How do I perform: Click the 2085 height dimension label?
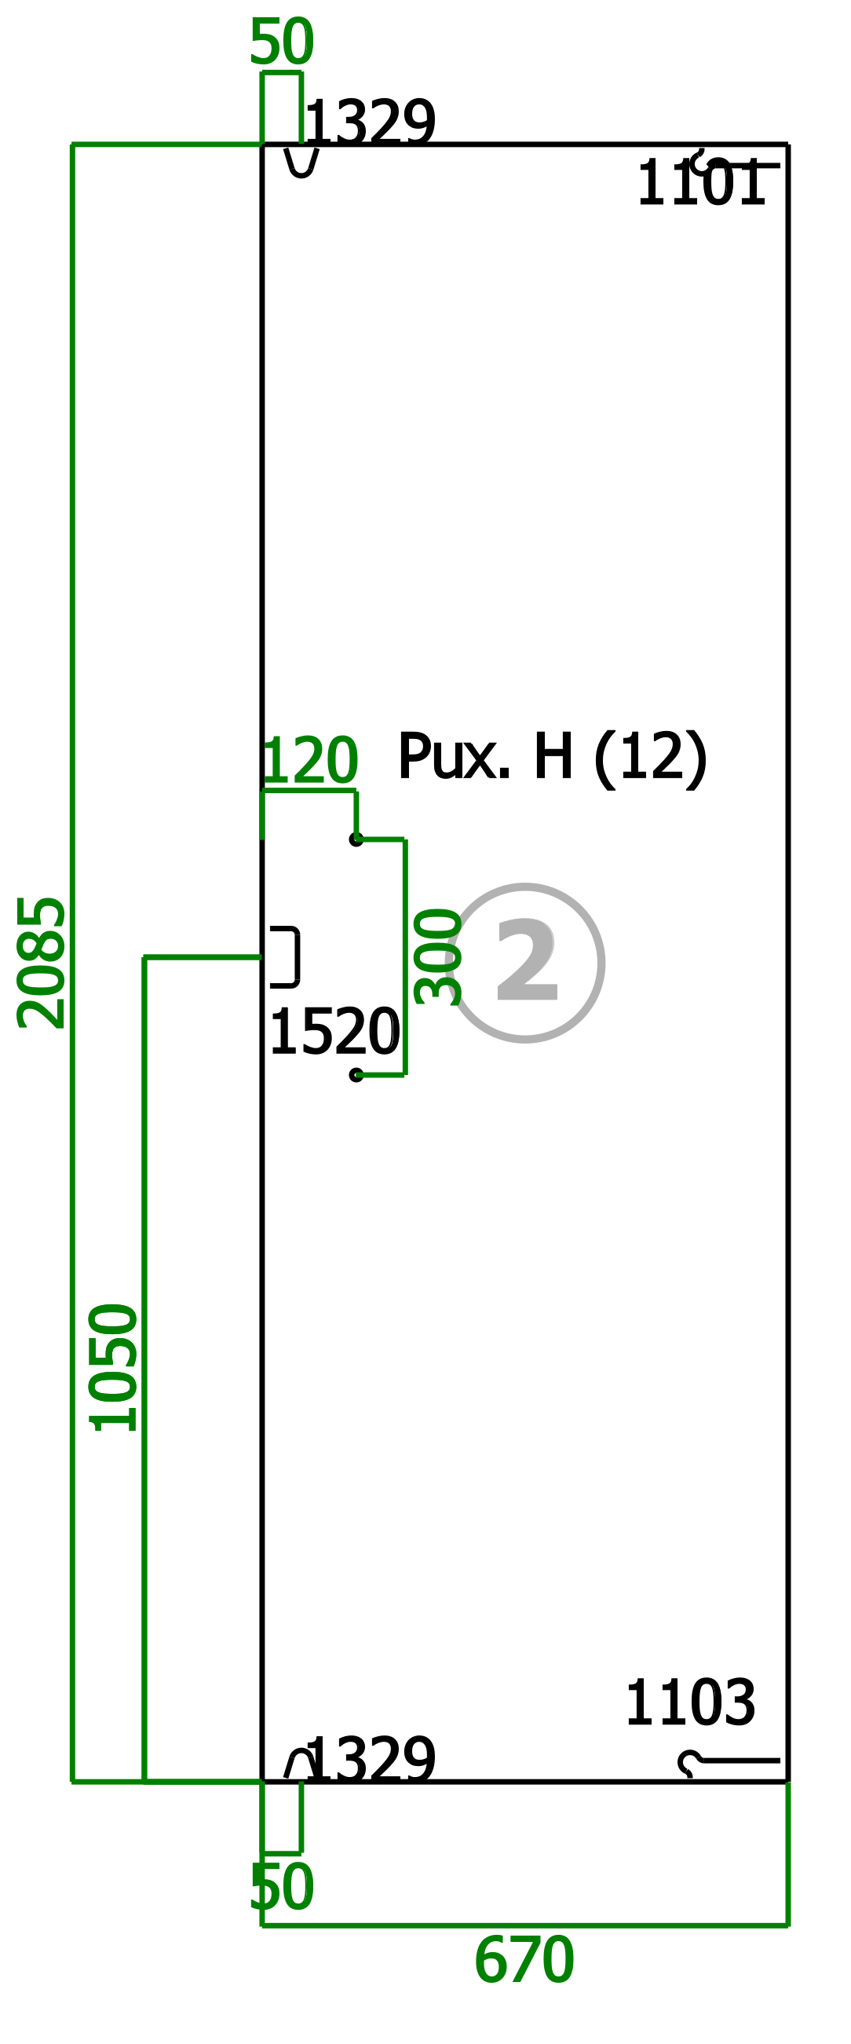pos(42,963)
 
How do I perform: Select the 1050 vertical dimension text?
pos(113,1367)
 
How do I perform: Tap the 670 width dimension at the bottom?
pos(524,1961)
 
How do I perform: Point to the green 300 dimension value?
pos(438,956)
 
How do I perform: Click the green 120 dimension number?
pos(309,760)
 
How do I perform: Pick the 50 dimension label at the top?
pos(282,42)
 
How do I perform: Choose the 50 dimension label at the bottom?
pos(282,1888)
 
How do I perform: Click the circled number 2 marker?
pos(525,963)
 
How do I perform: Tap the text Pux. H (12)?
pos(552,758)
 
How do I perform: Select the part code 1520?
pos(334,1033)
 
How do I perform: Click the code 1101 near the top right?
pos(701,183)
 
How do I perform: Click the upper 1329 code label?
pos(371,123)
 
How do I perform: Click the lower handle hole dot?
pos(356,1075)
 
